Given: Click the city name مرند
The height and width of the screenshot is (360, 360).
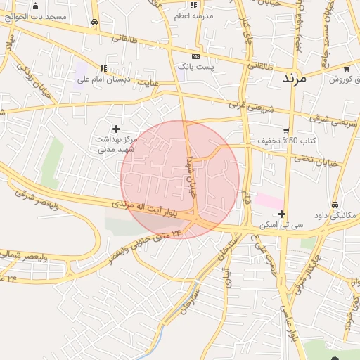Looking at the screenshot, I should click(295, 77).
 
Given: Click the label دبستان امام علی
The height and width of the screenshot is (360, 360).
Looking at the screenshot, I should click(103, 79).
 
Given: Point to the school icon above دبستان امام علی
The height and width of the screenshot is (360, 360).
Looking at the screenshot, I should click(103, 69).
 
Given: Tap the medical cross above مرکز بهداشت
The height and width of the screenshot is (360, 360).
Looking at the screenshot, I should click(116, 129).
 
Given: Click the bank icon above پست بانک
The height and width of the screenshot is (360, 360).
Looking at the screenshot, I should click(195, 56).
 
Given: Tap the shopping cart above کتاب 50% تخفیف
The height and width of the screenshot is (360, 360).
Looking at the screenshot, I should click(286, 130).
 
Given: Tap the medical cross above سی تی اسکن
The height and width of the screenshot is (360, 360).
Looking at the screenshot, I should click(281, 214).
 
